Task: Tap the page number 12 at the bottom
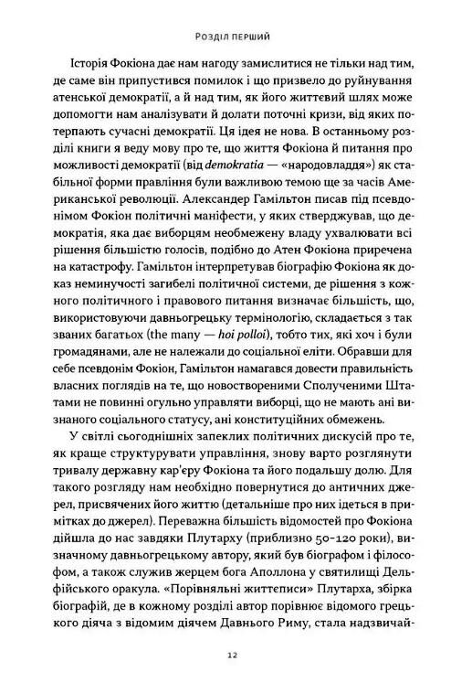tap(236, 656)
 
